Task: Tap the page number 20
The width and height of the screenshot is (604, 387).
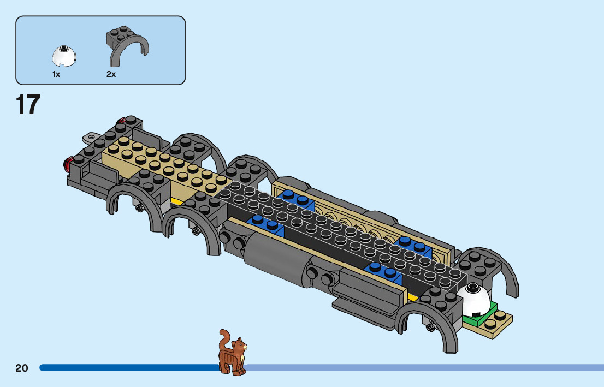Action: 22,368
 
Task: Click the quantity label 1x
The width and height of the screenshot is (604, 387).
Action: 56,74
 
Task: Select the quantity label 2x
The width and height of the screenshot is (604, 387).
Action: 111,74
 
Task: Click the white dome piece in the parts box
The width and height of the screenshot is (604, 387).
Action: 64,55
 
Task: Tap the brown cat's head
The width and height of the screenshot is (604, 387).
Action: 239,346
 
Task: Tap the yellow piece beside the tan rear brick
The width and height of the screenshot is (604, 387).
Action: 177,201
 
